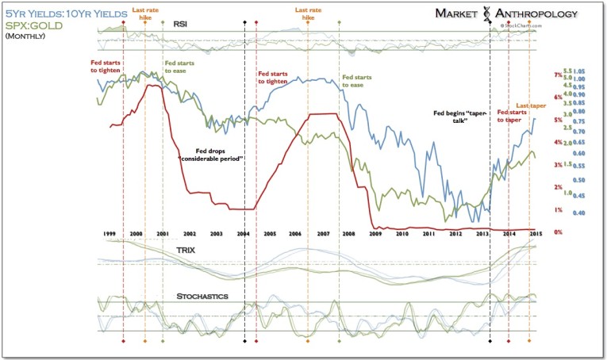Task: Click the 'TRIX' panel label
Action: point(187,249)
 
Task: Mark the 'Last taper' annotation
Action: point(532,105)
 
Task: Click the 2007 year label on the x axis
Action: point(323,236)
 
